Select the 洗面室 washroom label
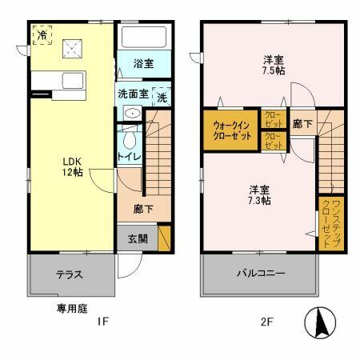(133, 94)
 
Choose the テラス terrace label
(69, 274)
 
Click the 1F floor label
(102, 322)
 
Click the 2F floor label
(267, 322)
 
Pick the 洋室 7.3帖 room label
(258, 194)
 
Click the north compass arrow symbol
(320, 322)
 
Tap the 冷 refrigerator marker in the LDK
(41, 36)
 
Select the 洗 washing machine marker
(162, 97)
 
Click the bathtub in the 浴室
(144, 38)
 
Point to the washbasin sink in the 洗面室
(130, 114)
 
